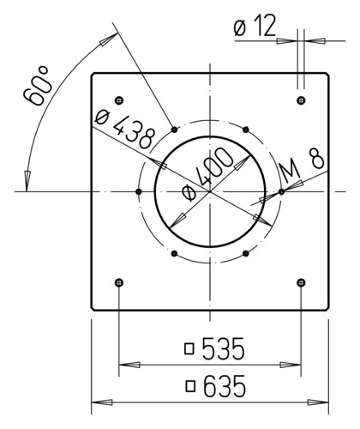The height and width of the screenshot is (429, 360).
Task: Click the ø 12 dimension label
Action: tap(255, 26)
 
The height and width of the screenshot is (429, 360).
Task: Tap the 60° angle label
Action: tap(38, 86)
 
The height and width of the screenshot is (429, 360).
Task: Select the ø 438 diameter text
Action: tap(124, 129)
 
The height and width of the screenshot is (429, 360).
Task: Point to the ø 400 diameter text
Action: tap(207, 174)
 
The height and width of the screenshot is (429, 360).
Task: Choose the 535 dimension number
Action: tap(224, 348)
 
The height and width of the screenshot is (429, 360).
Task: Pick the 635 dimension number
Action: tap(225, 386)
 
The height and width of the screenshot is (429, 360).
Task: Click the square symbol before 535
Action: tap(189, 349)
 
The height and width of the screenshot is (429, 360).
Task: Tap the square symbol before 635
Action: tap(190, 386)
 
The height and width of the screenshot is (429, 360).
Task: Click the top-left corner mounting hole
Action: tap(119, 100)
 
